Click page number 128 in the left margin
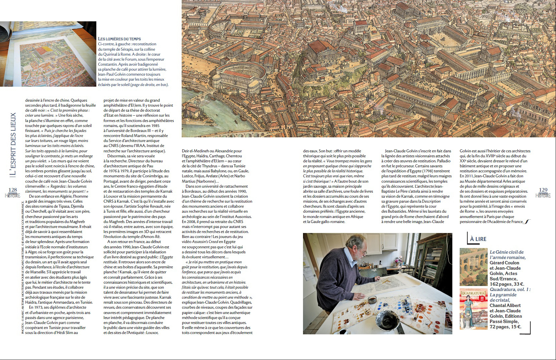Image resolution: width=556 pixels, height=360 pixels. [12, 190]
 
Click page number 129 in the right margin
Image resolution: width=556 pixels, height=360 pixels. [543, 190]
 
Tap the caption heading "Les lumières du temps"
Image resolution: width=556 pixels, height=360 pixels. [119, 39]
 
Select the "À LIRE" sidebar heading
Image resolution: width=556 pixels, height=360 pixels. [478, 239]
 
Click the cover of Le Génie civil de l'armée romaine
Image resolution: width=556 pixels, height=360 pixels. [473, 267]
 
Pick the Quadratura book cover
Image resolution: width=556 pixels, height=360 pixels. [473, 309]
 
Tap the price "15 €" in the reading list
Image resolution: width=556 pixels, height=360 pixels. [514, 327]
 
